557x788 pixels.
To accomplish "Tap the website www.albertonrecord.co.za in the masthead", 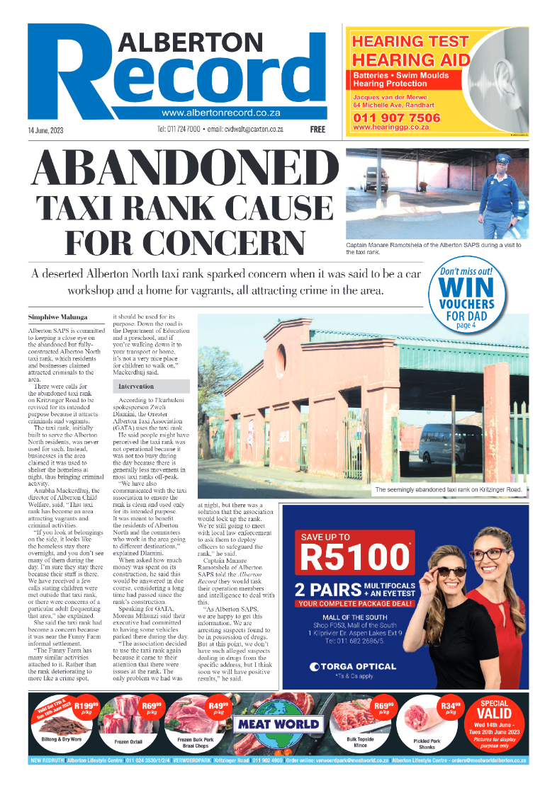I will (220, 113).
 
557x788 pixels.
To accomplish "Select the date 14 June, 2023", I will (51, 130).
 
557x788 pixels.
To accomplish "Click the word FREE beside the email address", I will (317, 130).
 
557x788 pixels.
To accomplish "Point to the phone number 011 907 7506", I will (396, 118).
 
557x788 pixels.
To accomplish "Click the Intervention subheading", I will (137, 387).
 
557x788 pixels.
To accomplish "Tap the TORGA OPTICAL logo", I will (352, 666).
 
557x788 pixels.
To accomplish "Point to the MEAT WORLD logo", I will (278, 724).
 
